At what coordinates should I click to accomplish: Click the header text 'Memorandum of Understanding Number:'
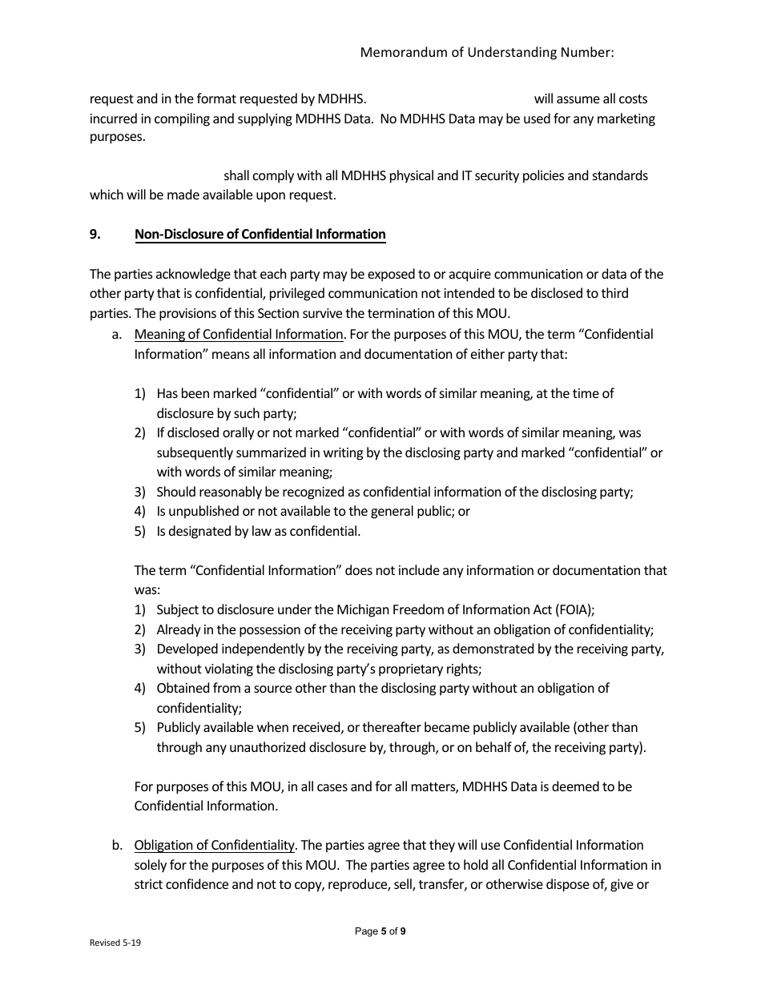[487, 52]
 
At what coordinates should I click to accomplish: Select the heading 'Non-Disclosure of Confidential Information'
[260, 234]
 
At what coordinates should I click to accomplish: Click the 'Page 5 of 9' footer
[380, 931]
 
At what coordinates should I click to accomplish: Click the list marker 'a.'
[117, 334]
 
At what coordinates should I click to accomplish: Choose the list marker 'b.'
[117, 845]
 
